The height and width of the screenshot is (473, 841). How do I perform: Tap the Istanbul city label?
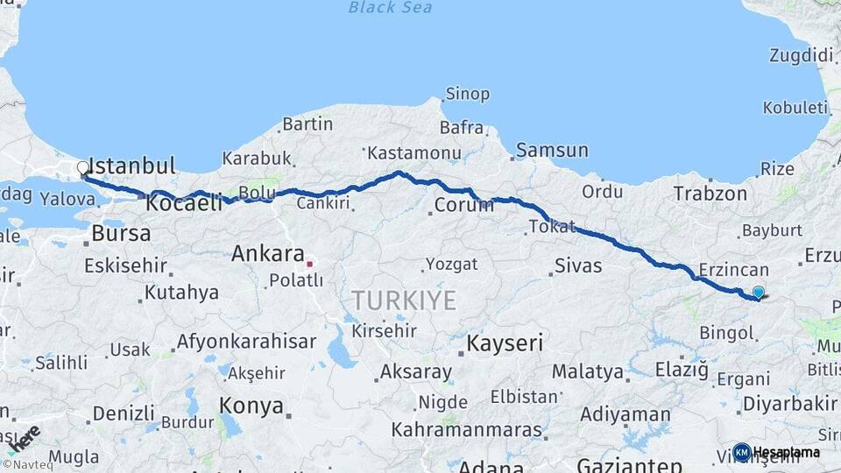point(132,166)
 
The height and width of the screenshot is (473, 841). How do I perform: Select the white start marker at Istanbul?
point(83,167)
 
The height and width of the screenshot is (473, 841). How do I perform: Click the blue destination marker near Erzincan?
point(758,293)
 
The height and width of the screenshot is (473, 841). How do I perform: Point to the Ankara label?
point(267,255)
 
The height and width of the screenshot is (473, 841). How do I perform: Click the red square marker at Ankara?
point(309,263)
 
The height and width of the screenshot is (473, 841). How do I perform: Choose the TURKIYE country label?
point(404,301)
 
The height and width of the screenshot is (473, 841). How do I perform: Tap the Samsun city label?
point(552,151)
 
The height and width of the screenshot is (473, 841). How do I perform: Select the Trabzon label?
point(710,194)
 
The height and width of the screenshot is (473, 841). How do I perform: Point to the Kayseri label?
point(505,342)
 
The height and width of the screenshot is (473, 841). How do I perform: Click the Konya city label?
point(251,406)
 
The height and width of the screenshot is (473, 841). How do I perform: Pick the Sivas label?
point(578,265)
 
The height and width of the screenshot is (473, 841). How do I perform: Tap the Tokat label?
point(552,227)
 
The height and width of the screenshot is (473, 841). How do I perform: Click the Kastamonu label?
point(413,153)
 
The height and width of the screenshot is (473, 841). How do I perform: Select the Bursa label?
point(121,234)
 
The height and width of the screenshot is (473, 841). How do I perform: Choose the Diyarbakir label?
point(788,404)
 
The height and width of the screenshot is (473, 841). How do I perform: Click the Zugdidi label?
point(801,56)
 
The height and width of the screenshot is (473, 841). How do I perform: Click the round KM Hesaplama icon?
point(741,452)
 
